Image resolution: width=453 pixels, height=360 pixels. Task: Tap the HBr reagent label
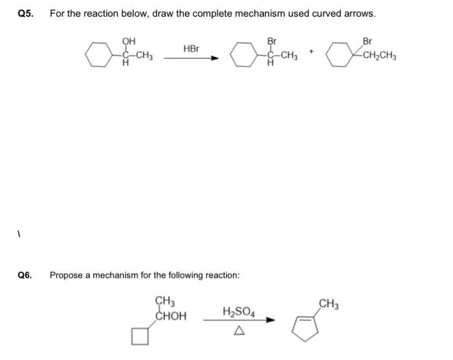[192, 49]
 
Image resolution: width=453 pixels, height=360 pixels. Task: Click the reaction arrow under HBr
[192, 58]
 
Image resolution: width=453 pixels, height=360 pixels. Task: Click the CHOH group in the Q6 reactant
[171, 317]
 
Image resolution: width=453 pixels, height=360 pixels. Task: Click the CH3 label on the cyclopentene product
[329, 303]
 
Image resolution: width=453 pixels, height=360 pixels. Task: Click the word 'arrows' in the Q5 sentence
[360, 14]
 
